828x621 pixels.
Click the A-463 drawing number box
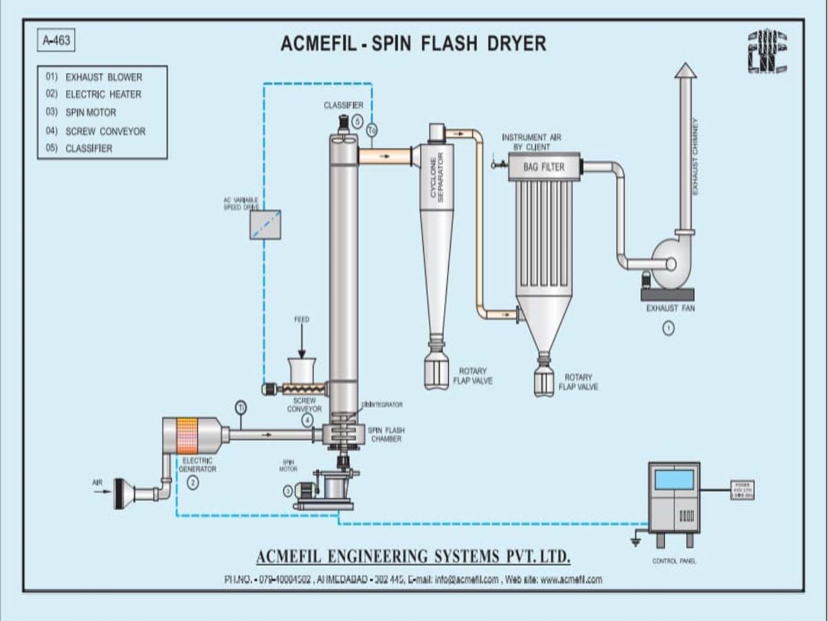click(55, 41)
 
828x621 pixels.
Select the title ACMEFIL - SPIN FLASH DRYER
click(413, 43)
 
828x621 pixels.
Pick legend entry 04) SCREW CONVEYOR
click(96, 130)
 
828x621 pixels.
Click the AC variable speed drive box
click(265, 224)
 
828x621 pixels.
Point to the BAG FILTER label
click(544, 167)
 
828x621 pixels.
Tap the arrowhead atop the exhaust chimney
click(685, 70)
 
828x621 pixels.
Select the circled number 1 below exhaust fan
click(668, 328)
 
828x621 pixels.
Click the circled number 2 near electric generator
click(193, 483)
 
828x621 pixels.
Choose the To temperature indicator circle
click(372, 130)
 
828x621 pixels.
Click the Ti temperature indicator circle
click(240, 406)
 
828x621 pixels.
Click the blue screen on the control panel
click(673, 479)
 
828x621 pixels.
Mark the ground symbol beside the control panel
click(636, 541)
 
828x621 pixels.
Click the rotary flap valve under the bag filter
click(544, 380)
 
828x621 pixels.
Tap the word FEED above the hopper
click(302, 319)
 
